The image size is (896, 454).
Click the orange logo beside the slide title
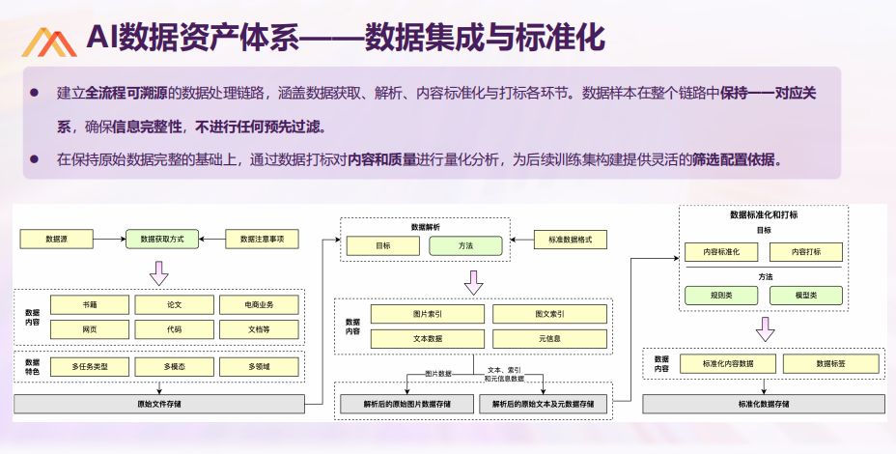click(49, 43)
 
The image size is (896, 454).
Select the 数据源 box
click(57, 239)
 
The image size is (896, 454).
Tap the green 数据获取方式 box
click(162, 239)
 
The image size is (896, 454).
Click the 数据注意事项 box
click(263, 239)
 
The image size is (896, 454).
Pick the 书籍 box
click(90, 305)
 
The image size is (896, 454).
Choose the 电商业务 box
click(259, 305)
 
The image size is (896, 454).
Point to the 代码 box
click(175, 329)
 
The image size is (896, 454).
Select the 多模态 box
click(175, 366)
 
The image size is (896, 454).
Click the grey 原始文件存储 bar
click(159, 404)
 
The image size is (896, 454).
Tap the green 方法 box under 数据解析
click(465, 246)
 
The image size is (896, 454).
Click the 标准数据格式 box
click(571, 240)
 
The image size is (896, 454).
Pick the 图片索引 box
click(428, 314)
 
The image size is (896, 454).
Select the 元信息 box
click(549, 338)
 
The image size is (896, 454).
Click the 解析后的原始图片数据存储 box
click(406, 404)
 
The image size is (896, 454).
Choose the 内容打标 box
click(806, 251)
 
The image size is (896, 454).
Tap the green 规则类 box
click(721, 295)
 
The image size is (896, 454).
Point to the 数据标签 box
click(831, 363)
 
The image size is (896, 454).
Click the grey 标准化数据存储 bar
click(764, 404)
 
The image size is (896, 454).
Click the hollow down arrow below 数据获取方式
click(159, 273)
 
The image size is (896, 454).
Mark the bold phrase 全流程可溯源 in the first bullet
click(126, 93)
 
